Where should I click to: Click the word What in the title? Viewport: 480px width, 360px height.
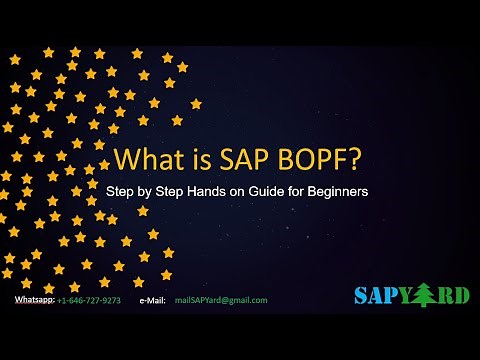click(144, 160)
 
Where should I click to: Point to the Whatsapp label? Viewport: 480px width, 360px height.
click(34, 299)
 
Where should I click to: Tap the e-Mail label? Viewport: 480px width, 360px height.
click(152, 299)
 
